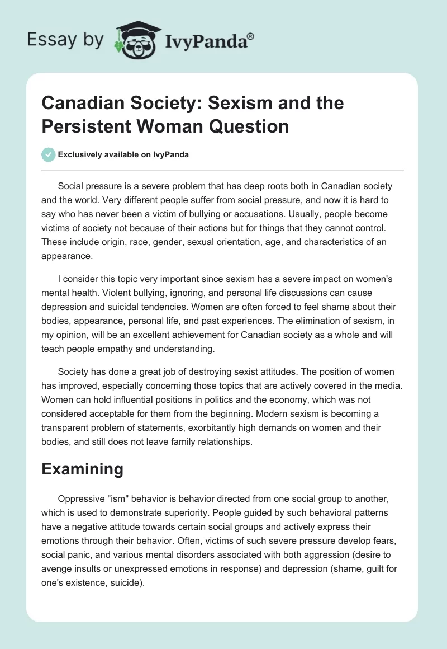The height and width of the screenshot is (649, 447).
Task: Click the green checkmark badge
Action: tap(48, 154)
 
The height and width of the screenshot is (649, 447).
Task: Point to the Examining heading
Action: tap(82, 469)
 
